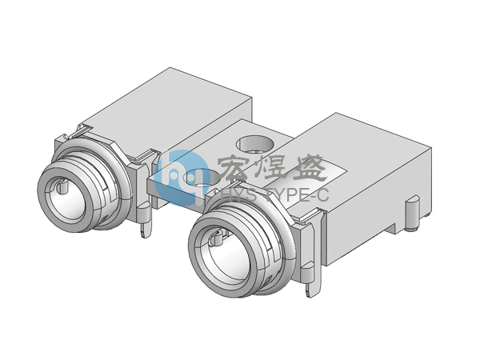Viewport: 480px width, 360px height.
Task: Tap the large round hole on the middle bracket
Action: [x=254, y=143]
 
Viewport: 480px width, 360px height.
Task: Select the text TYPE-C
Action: [x=298, y=195]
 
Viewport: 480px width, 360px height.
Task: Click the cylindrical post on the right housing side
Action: [x=412, y=214]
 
